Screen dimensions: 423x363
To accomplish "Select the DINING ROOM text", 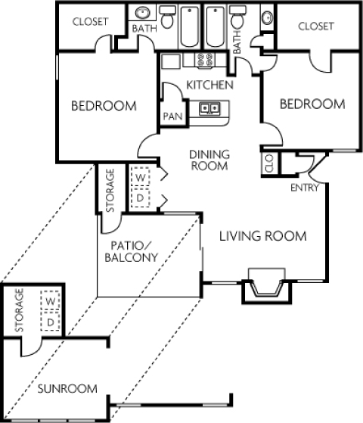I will (209, 160).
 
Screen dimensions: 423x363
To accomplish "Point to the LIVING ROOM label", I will (262, 237).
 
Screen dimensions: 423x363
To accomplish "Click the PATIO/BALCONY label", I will (132, 251).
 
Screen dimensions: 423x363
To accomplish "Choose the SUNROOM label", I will (67, 389).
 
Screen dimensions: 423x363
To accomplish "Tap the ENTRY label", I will (304, 188).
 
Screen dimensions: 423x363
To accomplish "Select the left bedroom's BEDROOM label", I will (104, 106).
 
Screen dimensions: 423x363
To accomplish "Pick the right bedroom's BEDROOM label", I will (312, 104).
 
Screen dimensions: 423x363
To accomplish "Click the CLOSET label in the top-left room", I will (90, 22).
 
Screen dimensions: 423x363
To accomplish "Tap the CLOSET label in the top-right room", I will (315, 26).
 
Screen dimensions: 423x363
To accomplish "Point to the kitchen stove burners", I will (203, 60).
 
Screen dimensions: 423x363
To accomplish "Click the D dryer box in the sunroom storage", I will (51, 322).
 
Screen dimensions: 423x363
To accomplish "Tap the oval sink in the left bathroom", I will (142, 14).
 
